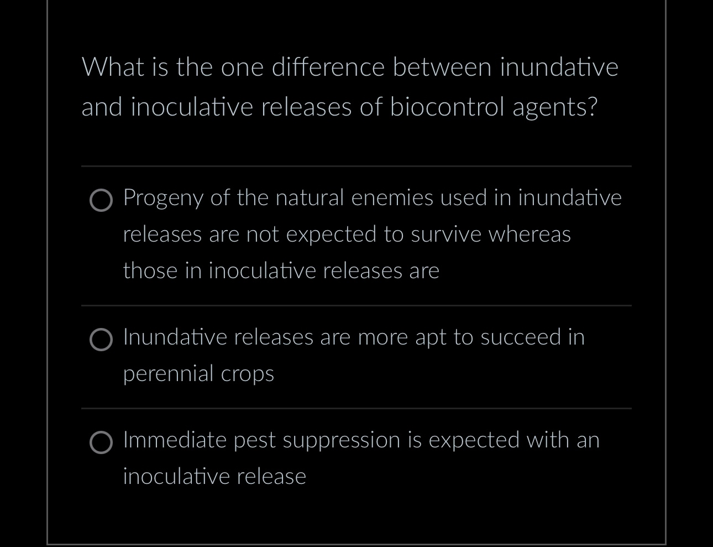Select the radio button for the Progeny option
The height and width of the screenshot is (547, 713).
point(101,201)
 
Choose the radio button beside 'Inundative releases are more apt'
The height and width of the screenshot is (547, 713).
point(101,340)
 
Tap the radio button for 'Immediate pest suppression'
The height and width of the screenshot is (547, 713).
point(101,442)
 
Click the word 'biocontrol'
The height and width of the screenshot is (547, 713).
point(447,107)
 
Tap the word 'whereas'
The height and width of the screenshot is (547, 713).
point(529,235)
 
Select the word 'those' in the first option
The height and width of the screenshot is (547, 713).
point(150,270)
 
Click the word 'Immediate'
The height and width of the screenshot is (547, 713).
point(175,440)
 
